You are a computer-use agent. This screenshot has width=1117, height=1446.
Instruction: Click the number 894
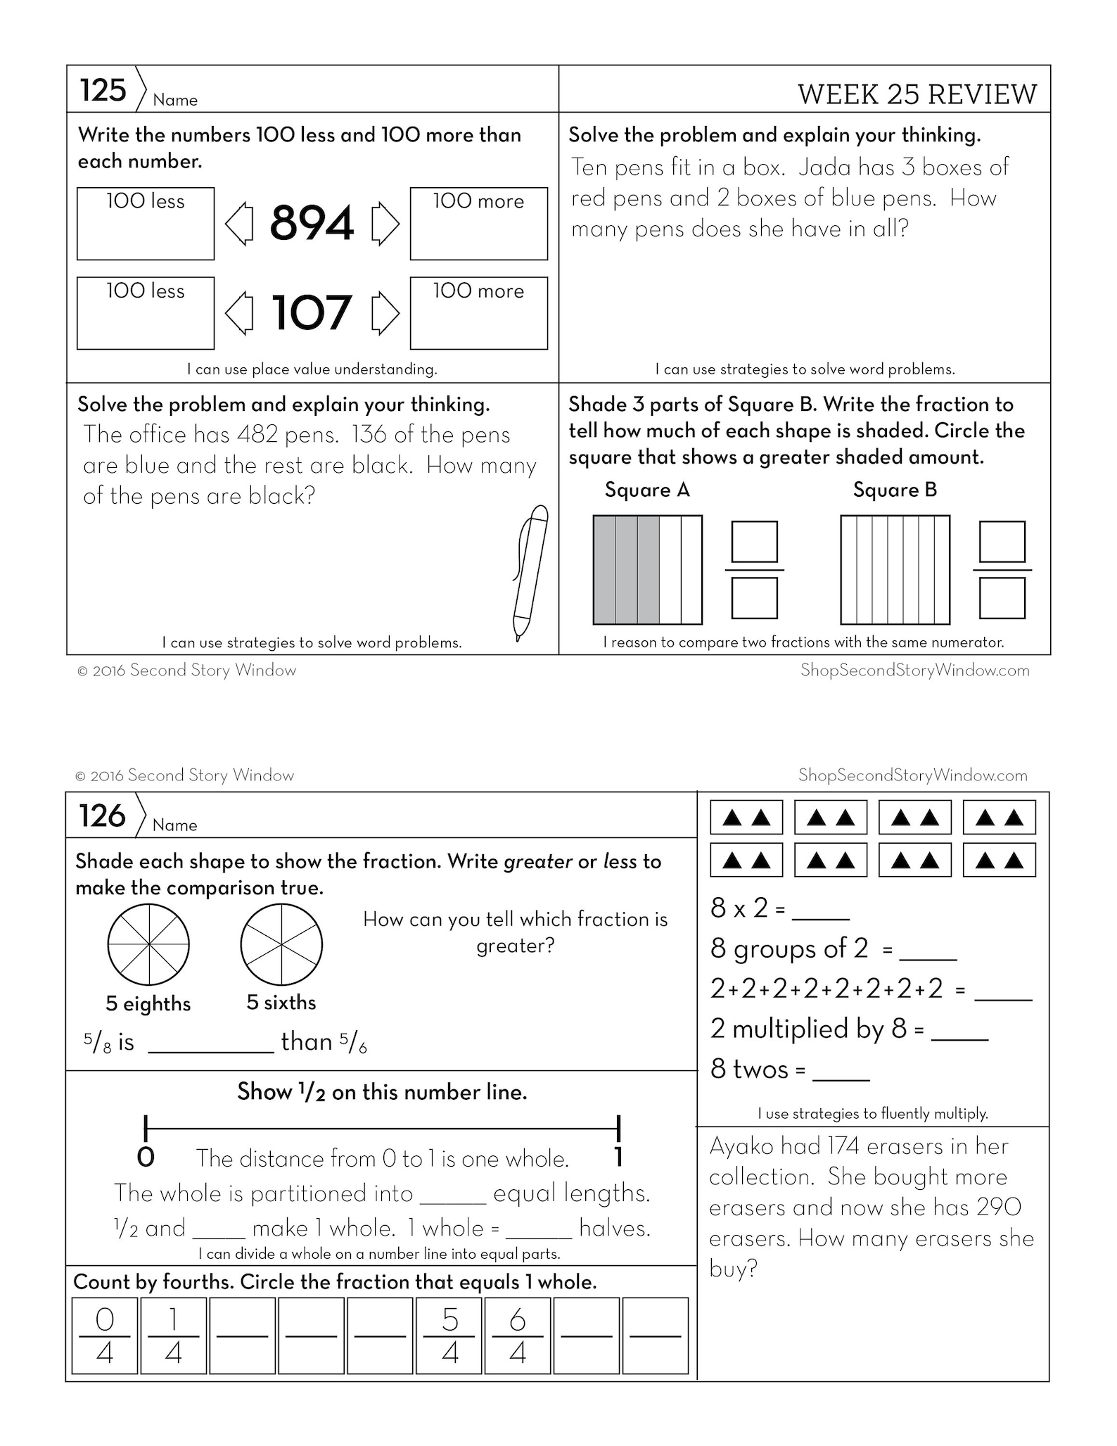click(x=311, y=223)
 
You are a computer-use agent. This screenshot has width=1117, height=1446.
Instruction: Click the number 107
click(x=311, y=312)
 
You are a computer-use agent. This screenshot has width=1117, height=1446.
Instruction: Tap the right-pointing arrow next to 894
click(x=385, y=224)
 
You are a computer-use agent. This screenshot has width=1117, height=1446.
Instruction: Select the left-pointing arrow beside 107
click(x=239, y=313)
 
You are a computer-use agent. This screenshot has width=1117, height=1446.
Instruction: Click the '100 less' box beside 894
click(x=145, y=224)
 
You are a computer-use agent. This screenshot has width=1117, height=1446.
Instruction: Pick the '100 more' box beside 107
click(x=478, y=313)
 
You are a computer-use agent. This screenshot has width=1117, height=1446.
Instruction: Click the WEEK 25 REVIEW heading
click(x=917, y=94)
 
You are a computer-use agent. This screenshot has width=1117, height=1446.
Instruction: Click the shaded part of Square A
click(x=626, y=570)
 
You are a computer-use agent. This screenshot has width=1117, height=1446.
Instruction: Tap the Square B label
click(x=895, y=490)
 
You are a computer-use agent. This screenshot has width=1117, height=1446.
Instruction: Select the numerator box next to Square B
click(x=1002, y=542)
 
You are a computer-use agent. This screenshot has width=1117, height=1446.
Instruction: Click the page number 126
click(x=103, y=816)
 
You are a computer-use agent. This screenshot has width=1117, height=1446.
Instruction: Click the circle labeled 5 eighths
click(x=148, y=945)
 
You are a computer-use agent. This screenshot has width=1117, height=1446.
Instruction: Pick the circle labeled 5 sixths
click(x=281, y=945)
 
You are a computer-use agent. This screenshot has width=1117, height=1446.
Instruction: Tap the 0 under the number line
click(x=146, y=1158)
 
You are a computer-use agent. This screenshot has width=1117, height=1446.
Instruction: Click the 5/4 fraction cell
click(x=449, y=1336)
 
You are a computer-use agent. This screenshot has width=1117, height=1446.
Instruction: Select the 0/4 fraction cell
click(x=104, y=1336)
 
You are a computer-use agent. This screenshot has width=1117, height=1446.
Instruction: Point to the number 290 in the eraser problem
click(x=1000, y=1207)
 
